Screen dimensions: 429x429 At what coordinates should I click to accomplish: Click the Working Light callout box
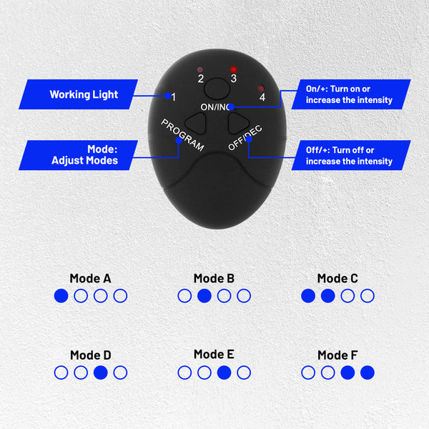[78, 94]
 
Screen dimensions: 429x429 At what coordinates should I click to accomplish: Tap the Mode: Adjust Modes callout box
[78, 155]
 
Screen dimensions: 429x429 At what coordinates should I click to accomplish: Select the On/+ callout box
[351, 94]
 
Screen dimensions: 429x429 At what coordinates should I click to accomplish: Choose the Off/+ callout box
[351, 155]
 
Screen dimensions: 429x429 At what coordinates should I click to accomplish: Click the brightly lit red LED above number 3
[233, 69]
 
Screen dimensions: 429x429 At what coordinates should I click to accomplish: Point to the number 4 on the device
[262, 97]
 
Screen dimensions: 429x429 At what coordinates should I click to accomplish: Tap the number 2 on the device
[201, 79]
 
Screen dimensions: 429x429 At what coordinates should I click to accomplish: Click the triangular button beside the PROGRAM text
[196, 124]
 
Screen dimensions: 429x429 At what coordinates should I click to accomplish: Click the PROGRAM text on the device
[182, 135]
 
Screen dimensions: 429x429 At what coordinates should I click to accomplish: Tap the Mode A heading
[91, 279]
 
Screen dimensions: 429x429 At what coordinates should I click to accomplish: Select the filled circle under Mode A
[61, 296]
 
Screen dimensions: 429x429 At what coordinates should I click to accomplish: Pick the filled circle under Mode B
[204, 296]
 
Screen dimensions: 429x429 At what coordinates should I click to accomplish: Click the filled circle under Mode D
[100, 373]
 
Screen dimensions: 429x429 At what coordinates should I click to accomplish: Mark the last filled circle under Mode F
[368, 373]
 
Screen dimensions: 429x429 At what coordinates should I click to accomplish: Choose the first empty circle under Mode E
[184, 373]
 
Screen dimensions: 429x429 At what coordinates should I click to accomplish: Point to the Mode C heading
[337, 279]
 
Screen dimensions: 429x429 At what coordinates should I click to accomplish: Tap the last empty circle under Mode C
[368, 296]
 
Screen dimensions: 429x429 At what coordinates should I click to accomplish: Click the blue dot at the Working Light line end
[168, 96]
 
